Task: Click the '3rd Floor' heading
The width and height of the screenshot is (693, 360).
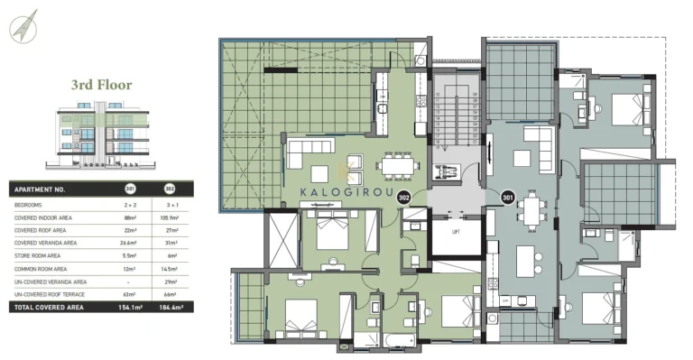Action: point(101,86)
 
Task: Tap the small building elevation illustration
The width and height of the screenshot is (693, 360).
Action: point(102,135)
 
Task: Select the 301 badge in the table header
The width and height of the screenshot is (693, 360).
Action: point(130,190)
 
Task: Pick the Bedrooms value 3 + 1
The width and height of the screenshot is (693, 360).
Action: point(169,205)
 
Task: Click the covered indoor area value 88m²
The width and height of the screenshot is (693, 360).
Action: point(130,217)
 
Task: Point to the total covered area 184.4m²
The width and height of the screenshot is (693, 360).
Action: point(169,308)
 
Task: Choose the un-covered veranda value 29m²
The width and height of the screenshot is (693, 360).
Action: point(169,282)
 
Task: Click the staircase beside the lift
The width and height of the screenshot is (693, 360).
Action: point(455,118)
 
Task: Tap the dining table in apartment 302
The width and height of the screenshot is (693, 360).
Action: point(398,165)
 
